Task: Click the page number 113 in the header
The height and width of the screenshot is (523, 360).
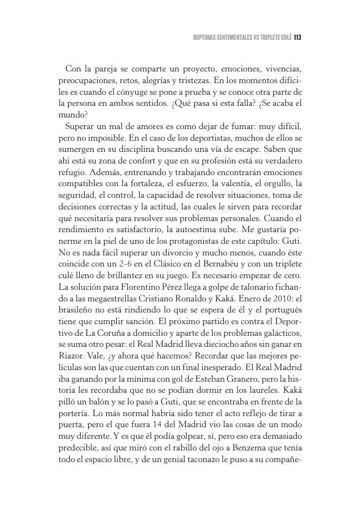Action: click(x=296, y=38)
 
